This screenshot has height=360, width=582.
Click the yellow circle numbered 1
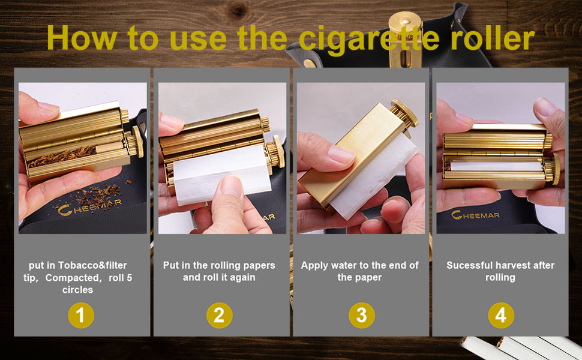(x=81, y=316)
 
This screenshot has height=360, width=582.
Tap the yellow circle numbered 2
(x=220, y=316)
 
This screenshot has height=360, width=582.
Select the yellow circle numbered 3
(x=362, y=316)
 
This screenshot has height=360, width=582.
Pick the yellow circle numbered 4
(x=501, y=316)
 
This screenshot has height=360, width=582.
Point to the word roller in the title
(x=493, y=38)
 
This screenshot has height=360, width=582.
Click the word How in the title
(x=82, y=38)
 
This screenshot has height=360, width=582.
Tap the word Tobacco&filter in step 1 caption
(x=92, y=265)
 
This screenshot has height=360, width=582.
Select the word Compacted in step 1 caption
(x=72, y=278)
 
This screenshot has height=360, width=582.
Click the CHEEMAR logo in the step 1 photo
(x=89, y=207)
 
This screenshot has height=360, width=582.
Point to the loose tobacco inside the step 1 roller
(x=62, y=156)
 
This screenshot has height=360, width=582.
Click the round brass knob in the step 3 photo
(x=404, y=113)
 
